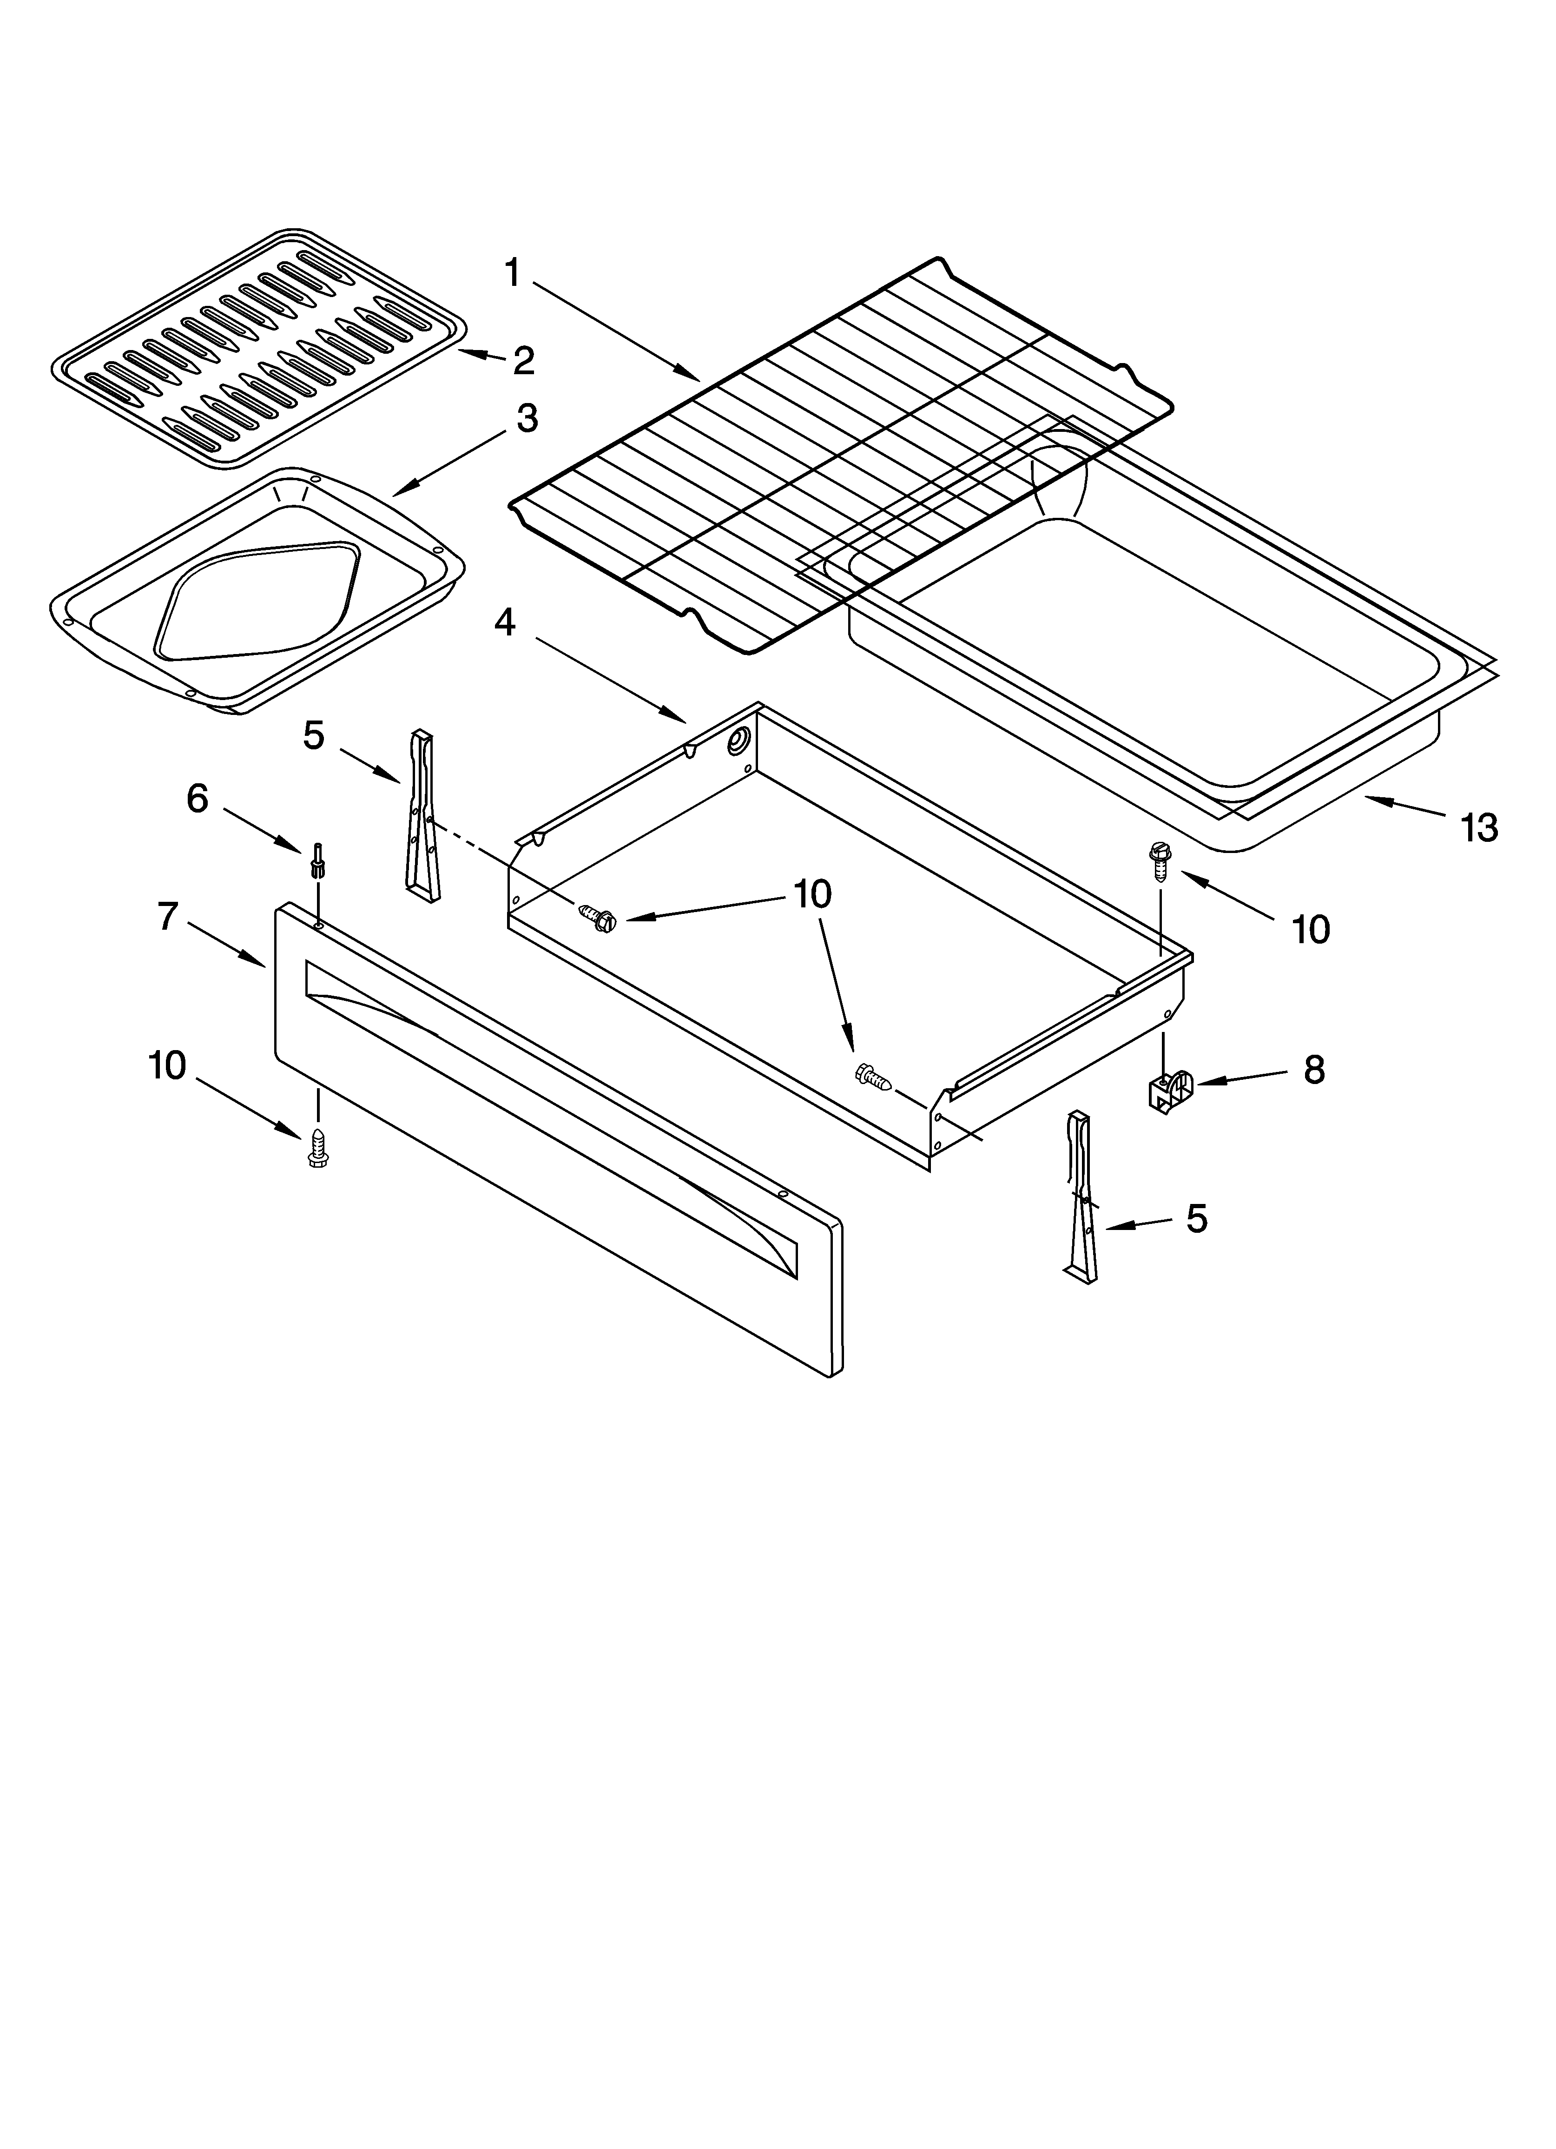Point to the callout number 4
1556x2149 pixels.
click(x=505, y=622)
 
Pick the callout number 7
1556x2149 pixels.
click(x=168, y=916)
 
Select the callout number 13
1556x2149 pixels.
click(x=1478, y=828)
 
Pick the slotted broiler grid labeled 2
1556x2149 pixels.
click(x=258, y=349)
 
